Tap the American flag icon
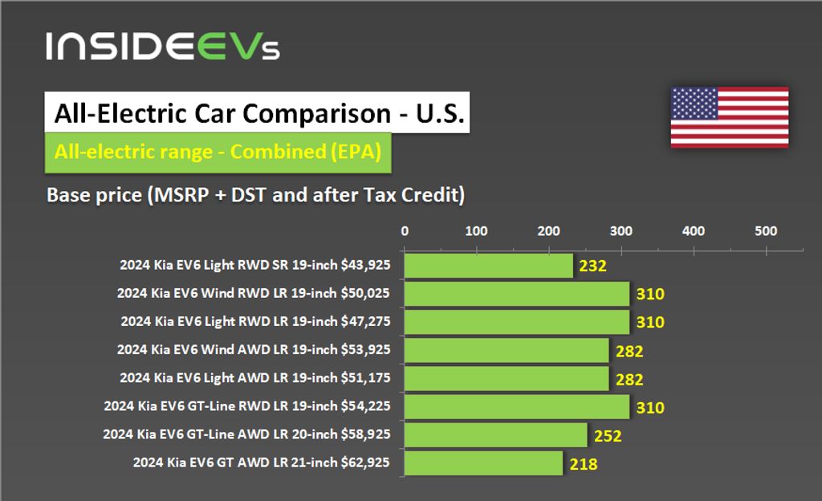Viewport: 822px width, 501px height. pyautogui.click(x=729, y=117)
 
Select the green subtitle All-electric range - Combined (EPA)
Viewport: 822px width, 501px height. pyautogui.click(x=217, y=152)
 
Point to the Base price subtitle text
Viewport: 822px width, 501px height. pyautogui.click(x=255, y=195)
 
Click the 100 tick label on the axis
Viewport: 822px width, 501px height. pyautogui.click(x=476, y=231)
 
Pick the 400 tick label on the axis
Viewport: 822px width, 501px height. pyautogui.click(x=693, y=231)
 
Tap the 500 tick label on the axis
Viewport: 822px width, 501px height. pyautogui.click(x=766, y=231)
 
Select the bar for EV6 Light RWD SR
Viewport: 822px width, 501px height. pyautogui.click(x=488, y=266)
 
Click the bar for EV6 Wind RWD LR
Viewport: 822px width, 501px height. pyautogui.click(x=516, y=294)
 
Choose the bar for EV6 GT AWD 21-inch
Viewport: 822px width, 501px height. pyautogui.click(x=482, y=463)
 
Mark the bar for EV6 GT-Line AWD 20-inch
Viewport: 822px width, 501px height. pyautogui.click(x=495, y=435)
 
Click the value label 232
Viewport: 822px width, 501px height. pyautogui.click(x=592, y=267)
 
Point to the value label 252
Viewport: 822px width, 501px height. pyautogui.click(x=608, y=436)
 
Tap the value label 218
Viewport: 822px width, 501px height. pyautogui.click(x=584, y=464)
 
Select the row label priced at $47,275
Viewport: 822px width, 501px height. pyautogui.click(x=255, y=321)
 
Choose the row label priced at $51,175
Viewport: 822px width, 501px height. pyautogui.click(x=255, y=377)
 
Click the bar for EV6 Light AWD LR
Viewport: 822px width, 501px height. pyautogui.click(x=506, y=378)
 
